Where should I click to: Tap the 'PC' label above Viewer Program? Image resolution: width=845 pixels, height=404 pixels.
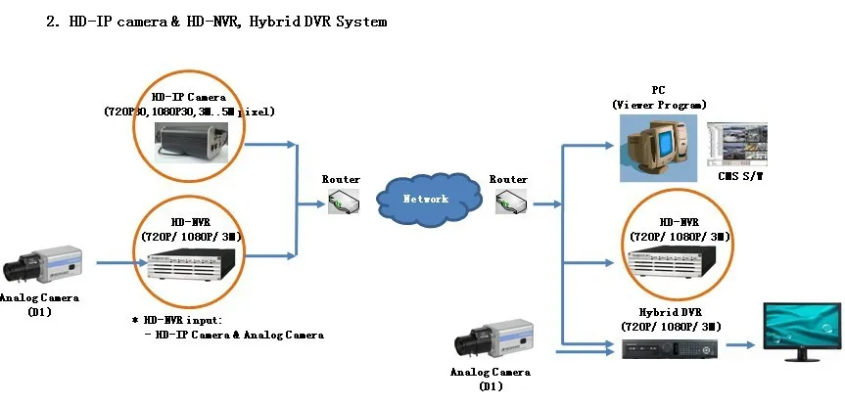(x=658, y=89)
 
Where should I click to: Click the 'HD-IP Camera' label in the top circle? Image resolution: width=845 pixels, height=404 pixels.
(x=189, y=97)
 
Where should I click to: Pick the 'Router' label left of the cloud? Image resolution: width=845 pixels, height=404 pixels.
(x=341, y=179)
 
